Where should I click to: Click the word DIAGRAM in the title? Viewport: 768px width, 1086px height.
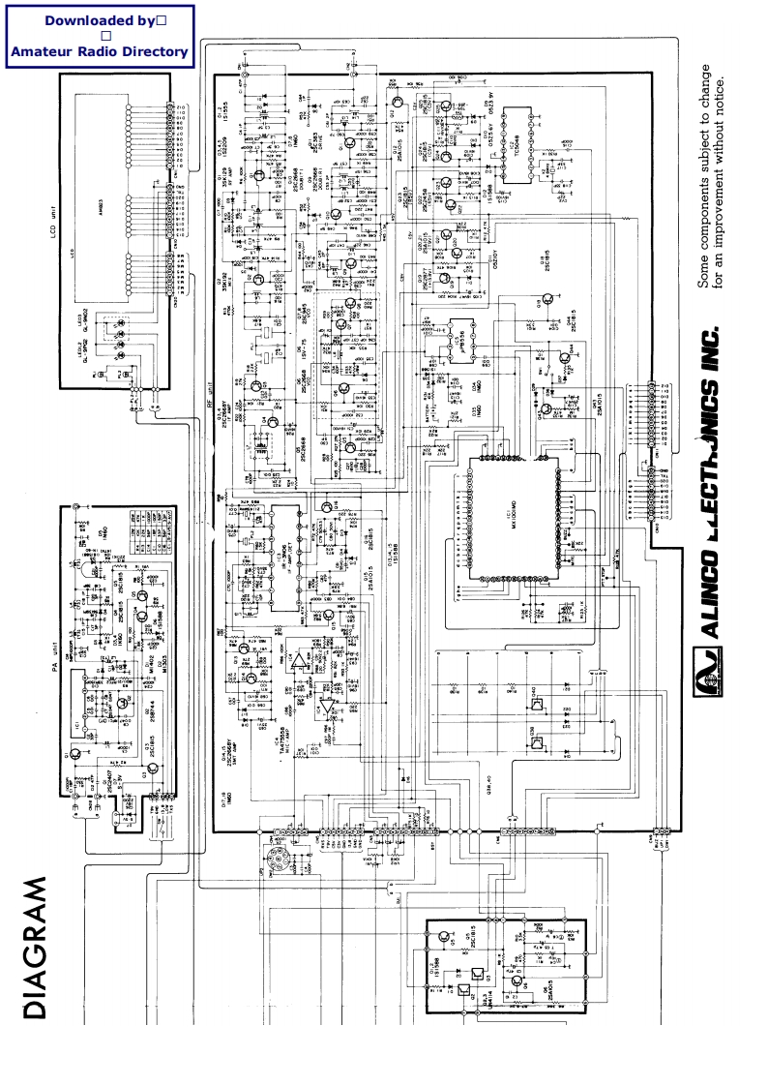coord(35,949)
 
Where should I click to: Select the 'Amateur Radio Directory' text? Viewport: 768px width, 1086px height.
coord(98,51)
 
